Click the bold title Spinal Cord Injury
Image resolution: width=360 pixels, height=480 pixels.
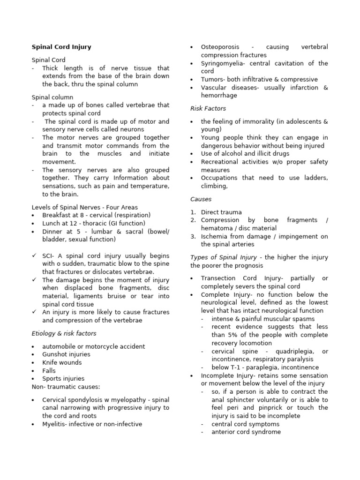click(61, 47)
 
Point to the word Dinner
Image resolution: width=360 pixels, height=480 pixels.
click(52, 231)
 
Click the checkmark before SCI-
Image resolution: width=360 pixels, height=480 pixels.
click(34, 255)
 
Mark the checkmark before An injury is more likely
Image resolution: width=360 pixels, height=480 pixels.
click(34, 312)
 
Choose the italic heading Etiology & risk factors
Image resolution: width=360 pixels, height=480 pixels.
click(64, 333)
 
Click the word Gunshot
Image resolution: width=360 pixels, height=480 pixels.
click(54, 354)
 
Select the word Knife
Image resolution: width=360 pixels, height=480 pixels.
click(50, 362)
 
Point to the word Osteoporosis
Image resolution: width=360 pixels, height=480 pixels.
click(220, 47)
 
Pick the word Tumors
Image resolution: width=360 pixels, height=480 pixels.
click(212, 79)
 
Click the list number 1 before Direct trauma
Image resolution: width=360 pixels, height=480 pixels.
click(193, 212)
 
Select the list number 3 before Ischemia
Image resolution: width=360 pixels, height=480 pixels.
click(193, 236)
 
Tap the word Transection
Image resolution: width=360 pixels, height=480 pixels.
click(219, 278)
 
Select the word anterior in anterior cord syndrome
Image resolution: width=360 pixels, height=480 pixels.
click(225, 432)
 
